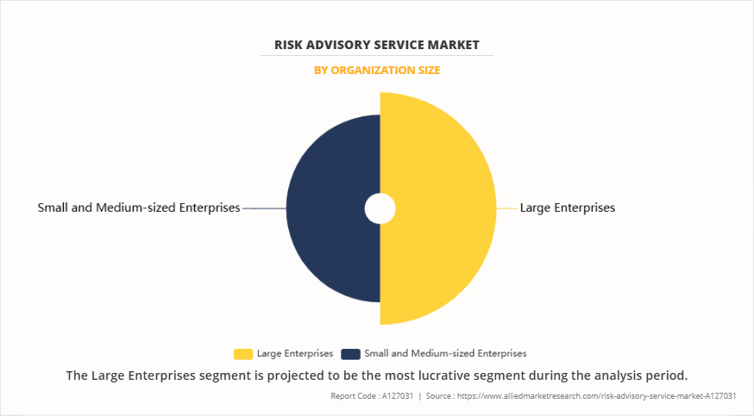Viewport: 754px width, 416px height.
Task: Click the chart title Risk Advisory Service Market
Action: click(x=377, y=44)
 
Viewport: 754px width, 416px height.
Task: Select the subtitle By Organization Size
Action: click(x=377, y=70)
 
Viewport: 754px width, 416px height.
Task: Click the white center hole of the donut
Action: click(x=380, y=208)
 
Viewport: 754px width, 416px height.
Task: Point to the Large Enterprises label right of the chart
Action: click(x=567, y=208)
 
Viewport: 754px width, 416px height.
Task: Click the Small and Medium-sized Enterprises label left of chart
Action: click(x=139, y=208)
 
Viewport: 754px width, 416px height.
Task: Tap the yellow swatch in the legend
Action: click(x=242, y=353)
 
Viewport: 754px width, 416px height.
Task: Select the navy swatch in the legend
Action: click(x=350, y=353)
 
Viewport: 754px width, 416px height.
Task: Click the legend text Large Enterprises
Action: click(x=295, y=353)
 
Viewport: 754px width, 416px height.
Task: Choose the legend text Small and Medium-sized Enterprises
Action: click(x=445, y=353)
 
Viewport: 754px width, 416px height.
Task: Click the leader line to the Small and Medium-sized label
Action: click(x=264, y=208)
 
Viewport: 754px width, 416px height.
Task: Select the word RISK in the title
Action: click(x=291, y=44)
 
